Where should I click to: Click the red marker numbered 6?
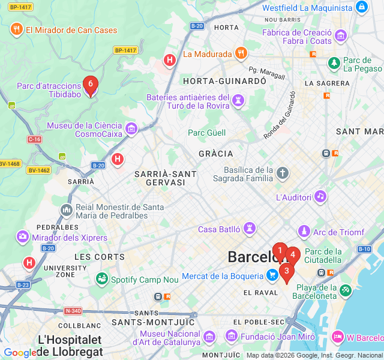[x=90, y=85]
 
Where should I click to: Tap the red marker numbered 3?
[x=287, y=272]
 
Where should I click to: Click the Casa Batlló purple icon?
[x=249, y=229]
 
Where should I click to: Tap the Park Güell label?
[x=207, y=133]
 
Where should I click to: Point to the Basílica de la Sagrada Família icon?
[x=283, y=174]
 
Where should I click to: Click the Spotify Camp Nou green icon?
[x=101, y=279]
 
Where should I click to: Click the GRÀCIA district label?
[x=215, y=154]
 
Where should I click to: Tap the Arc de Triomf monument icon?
[x=305, y=232]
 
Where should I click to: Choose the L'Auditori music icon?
[x=320, y=196]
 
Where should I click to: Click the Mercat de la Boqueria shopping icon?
[x=273, y=275]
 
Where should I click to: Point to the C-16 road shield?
[x=34, y=139]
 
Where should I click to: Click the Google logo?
[x=20, y=353]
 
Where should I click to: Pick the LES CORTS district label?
[x=100, y=257]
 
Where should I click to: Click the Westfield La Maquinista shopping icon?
[x=361, y=8]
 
